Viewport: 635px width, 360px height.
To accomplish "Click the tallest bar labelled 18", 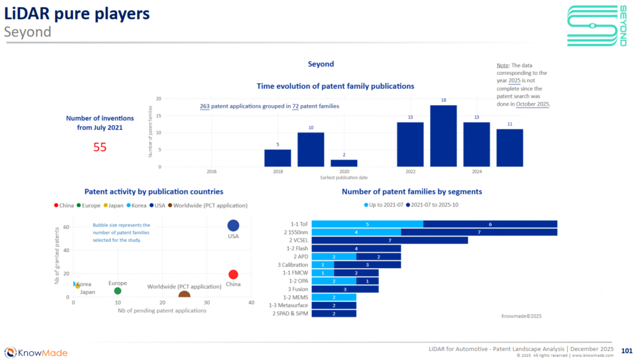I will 443,136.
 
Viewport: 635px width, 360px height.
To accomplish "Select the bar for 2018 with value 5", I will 277,158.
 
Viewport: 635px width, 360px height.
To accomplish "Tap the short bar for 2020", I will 344,163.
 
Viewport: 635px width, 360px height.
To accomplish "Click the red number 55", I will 100,147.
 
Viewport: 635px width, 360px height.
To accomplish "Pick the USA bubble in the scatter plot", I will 233,226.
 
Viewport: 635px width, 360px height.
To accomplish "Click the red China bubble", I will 233,275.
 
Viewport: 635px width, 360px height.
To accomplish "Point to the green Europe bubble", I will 118,291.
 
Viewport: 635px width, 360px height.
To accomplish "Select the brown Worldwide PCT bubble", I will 184,294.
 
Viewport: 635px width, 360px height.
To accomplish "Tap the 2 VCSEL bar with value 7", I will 389,240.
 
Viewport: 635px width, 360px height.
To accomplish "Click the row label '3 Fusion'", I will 297,289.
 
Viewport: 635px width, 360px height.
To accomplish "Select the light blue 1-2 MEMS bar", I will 334,297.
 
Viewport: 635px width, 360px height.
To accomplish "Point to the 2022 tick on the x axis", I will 410,172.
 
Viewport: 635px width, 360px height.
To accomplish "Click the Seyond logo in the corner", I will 597,26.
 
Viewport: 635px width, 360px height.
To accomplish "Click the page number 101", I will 626,350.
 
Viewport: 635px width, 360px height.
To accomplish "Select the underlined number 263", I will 205,106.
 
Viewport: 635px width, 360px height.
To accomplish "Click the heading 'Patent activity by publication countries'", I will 154,191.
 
